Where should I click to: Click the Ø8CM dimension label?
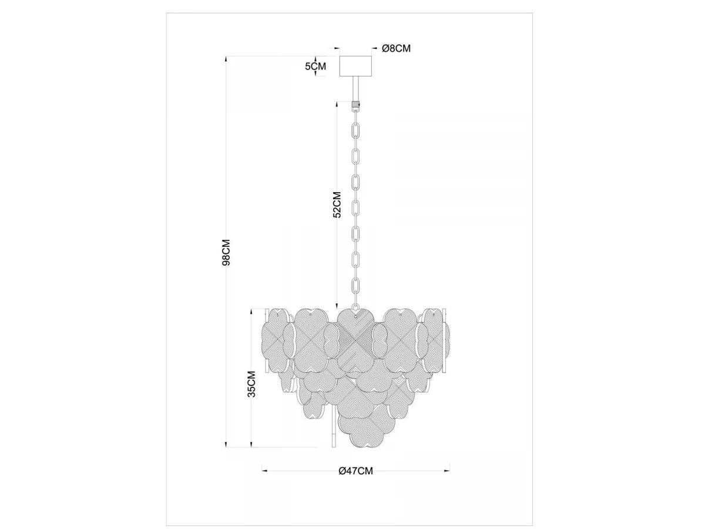396,49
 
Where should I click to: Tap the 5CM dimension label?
315,66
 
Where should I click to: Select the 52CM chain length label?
337,205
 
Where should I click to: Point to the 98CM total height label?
226,252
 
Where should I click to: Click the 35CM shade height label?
252,384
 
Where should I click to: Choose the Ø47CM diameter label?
356,471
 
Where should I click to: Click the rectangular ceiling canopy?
355,66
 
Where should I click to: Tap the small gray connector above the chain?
355,104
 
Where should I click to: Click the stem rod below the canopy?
355,89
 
